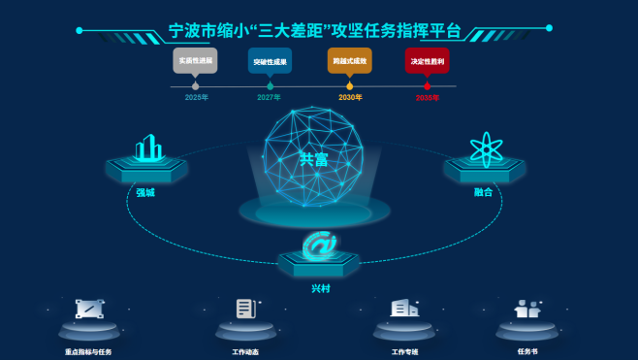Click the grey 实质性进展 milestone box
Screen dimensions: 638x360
tap(195, 60)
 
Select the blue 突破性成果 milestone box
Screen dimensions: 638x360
tap(270, 60)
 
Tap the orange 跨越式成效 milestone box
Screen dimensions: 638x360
tap(349, 60)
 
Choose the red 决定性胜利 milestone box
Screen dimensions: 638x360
tap(427, 60)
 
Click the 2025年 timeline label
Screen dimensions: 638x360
tap(196, 97)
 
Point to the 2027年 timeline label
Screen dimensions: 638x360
tap(269, 97)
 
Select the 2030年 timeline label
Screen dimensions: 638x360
tap(350, 97)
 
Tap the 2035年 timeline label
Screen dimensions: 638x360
tap(427, 97)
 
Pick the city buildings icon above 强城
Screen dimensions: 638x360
tap(147, 148)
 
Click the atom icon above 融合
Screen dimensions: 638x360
tap(484, 148)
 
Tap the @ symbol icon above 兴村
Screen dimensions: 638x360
tap(319, 245)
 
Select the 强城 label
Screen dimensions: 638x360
tap(145, 192)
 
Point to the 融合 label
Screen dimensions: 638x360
tap(483, 192)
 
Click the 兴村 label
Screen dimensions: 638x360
tap(320, 288)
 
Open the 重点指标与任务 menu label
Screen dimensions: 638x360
tap(88, 351)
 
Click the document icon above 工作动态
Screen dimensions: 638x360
tap(245, 310)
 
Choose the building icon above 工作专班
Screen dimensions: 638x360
tap(403, 309)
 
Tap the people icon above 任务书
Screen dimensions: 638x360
tap(527, 310)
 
